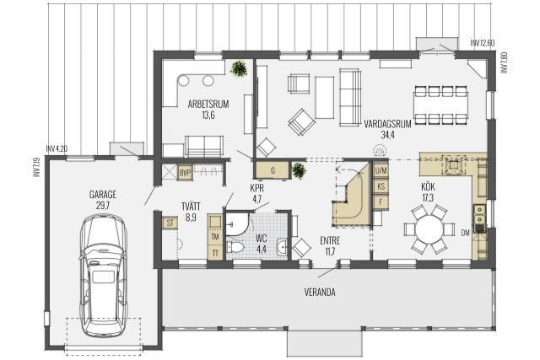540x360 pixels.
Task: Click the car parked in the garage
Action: [x=103, y=276]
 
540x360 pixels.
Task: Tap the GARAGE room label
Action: [x=103, y=195]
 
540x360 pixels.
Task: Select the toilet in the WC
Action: [x=235, y=247]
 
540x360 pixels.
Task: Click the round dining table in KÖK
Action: [x=429, y=228]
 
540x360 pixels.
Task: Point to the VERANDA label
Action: [x=320, y=293]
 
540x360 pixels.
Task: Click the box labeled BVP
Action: [x=185, y=173]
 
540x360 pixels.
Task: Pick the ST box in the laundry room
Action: [x=170, y=223]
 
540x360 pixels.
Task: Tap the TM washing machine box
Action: [x=215, y=237]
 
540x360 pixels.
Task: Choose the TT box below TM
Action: [x=215, y=253]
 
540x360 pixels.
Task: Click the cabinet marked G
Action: [x=273, y=170]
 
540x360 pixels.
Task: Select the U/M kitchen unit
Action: [x=381, y=170]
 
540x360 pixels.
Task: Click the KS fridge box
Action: [x=381, y=186]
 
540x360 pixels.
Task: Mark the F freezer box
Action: [x=381, y=202]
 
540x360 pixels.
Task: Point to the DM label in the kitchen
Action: [x=465, y=233]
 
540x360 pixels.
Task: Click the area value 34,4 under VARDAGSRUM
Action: [x=387, y=135]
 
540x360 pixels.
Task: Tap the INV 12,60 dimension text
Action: [x=483, y=43]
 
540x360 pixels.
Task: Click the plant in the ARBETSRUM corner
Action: [x=239, y=68]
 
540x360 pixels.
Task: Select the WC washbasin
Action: [x=283, y=246]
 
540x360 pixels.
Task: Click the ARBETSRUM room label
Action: [x=208, y=104]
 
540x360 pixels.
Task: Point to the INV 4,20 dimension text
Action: [x=57, y=149]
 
